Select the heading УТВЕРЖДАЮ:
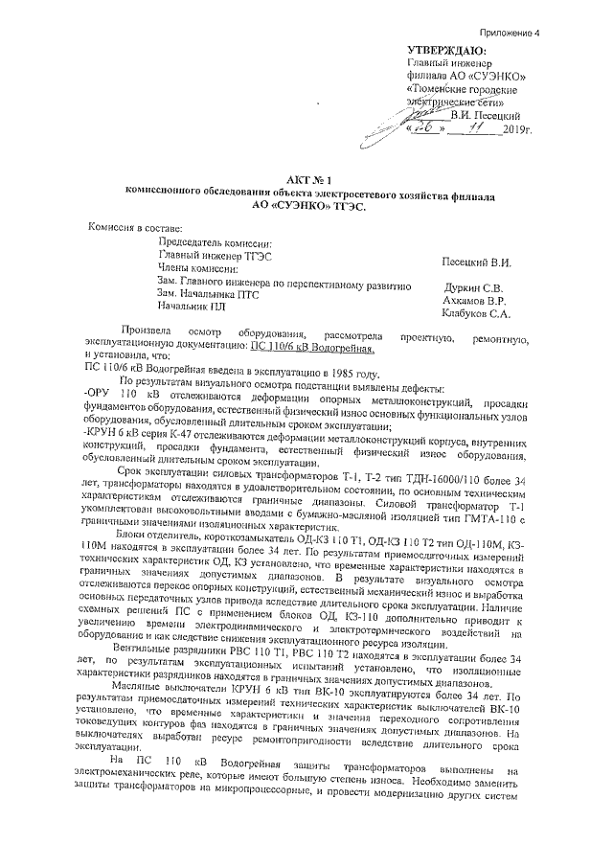[446, 51]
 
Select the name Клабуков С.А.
[474, 312]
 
